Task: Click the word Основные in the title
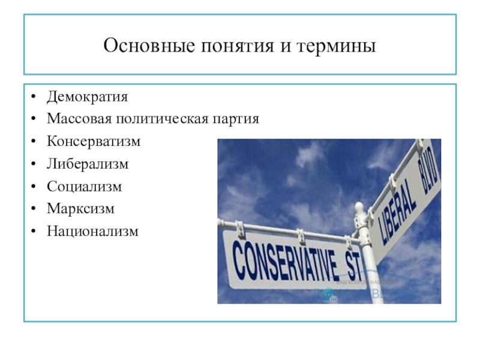[x=149, y=46]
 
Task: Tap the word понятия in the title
[x=238, y=47]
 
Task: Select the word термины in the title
[x=336, y=47]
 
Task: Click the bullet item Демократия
[x=87, y=97]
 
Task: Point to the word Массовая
[x=79, y=118]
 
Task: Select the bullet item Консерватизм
[x=94, y=142]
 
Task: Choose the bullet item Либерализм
[x=88, y=164]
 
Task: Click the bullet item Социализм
[x=84, y=187]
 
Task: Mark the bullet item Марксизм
[x=80, y=209]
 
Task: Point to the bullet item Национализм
[x=92, y=231]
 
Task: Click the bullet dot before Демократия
[x=34, y=97]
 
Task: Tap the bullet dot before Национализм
[x=34, y=232]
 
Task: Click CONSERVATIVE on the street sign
[x=286, y=261]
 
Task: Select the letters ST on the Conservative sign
[x=353, y=266]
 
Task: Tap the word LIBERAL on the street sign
[x=397, y=211]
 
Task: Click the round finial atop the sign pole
[x=359, y=208]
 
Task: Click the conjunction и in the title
[x=285, y=47]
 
